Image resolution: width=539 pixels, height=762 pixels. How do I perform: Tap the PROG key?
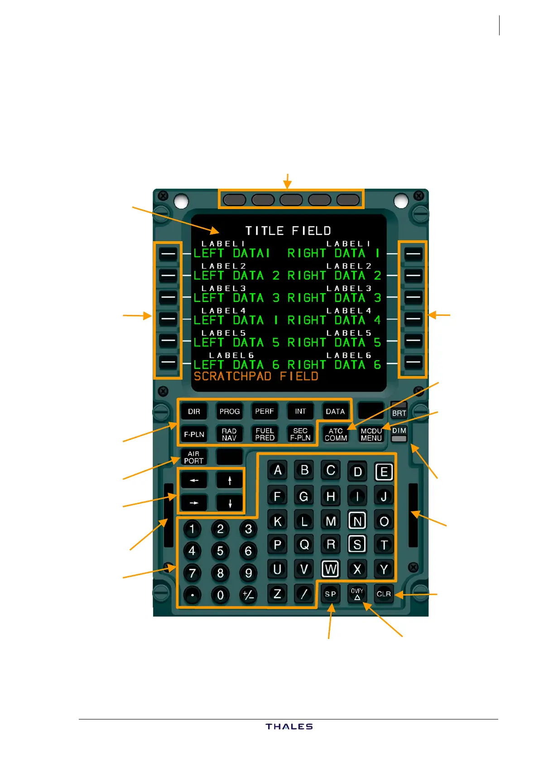click(229, 411)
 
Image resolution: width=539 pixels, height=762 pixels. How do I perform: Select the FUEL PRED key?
click(265, 434)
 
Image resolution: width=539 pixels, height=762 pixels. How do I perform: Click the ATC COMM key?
click(336, 434)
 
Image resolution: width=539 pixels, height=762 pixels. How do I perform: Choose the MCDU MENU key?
click(371, 434)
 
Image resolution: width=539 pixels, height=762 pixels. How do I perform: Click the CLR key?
click(384, 594)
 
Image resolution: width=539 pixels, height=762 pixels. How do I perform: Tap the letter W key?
click(330, 569)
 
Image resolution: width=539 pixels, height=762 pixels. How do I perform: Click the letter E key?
click(384, 472)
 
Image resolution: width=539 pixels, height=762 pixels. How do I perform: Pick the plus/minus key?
click(248, 595)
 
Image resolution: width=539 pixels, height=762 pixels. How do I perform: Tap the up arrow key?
click(230, 481)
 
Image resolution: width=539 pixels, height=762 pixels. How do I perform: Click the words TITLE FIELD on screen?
click(288, 231)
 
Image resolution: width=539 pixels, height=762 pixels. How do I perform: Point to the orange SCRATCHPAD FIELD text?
click(256, 376)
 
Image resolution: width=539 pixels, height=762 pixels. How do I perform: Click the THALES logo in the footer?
click(289, 726)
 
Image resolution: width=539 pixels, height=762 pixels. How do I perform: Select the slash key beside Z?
click(304, 594)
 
